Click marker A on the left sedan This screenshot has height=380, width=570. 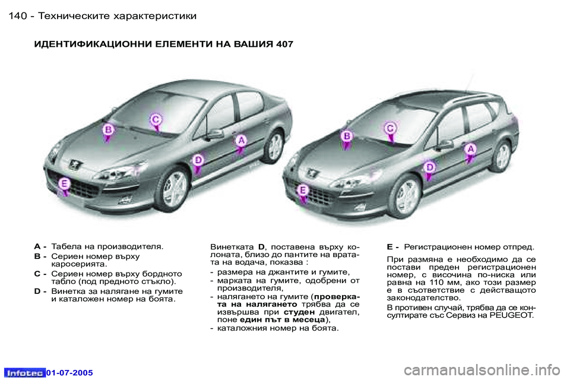click(x=241, y=141)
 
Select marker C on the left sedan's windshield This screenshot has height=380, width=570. click(x=155, y=120)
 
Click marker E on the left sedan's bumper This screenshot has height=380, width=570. click(x=63, y=185)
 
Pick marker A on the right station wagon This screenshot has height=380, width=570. click(x=470, y=150)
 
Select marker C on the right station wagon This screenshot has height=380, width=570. click(x=391, y=129)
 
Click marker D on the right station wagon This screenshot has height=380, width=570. click(x=429, y=169)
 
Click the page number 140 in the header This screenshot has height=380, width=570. click(x=18, y=15)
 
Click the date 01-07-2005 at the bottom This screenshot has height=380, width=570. click(x=70, y=372)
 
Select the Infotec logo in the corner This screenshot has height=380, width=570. click(x=24, y=372)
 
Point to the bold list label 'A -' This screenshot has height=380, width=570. click(x=40, y=246)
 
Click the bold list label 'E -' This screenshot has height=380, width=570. click(x=392, y=246)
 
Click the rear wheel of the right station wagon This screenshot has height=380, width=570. click(x=502, y=156)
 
